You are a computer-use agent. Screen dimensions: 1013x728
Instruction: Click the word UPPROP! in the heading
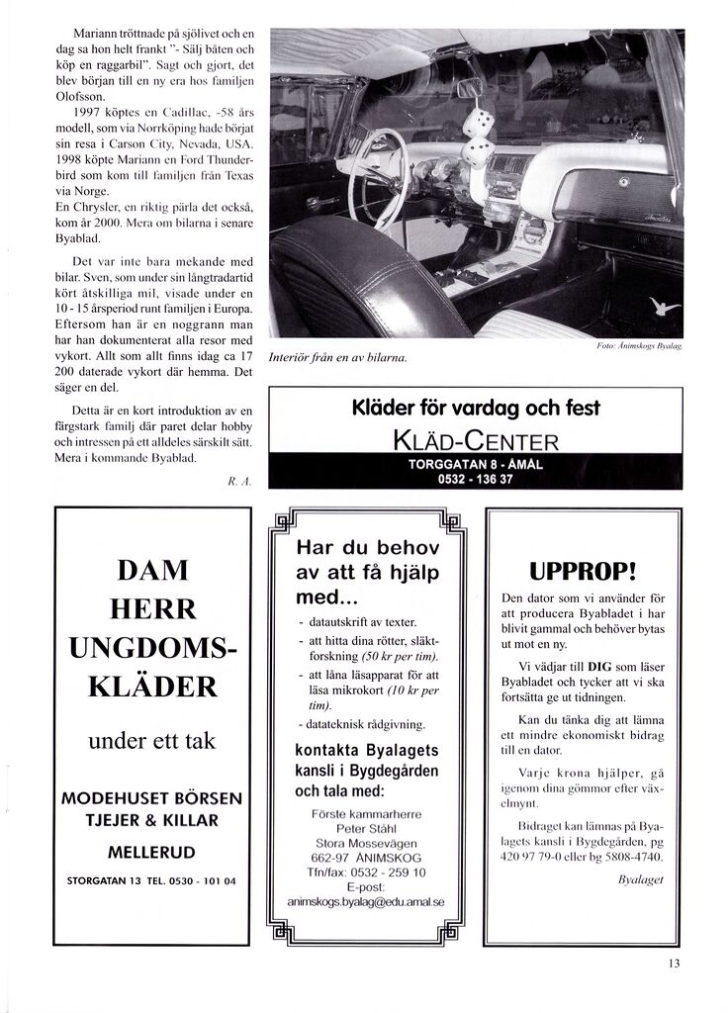coord(582,572)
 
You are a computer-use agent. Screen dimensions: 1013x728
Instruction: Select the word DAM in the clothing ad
coord(152,571)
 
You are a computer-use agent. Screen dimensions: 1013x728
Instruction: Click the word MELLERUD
coord(151,852)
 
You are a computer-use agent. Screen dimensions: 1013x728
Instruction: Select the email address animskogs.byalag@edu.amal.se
coord(366,902)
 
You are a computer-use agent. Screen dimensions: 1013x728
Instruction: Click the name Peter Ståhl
coord(366,828)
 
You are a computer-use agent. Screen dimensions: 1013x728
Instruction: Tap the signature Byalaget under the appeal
coord(639,877)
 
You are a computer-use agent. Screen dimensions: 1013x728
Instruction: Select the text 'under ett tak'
coord(152,739)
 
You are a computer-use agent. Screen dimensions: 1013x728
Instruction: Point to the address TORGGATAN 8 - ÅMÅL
coord(476,464)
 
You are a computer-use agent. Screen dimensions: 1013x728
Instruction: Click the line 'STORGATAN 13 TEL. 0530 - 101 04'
coord(151,879)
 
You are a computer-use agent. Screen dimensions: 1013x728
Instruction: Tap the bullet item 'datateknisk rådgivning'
coord(363,724)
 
